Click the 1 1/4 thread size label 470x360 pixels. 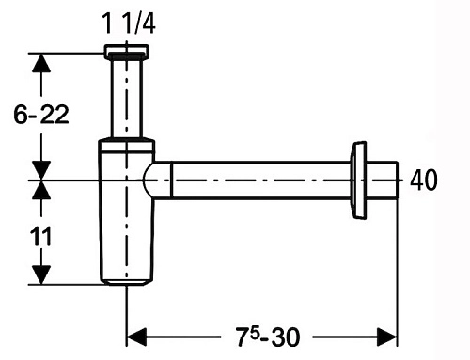tap(129, 23)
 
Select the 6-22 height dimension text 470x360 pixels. tap(41, 115)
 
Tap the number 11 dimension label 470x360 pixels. tap(40, 237)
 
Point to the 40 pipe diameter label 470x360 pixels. tap(424, 180)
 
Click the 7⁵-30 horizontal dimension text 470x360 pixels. tap(268, 337)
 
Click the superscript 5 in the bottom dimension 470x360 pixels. tap(255, 334)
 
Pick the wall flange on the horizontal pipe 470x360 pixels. tap(358, 180)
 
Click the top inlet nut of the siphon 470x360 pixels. tap(127, 51)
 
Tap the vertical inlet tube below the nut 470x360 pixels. tap(127, 98)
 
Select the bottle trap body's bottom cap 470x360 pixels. tap(127, 282)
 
